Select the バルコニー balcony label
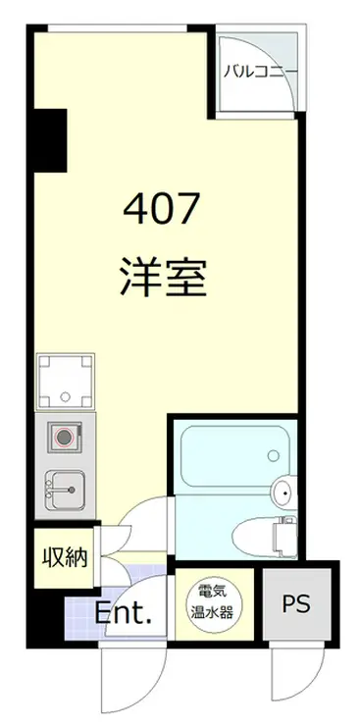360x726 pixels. (259, 71)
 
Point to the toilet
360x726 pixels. (257, 535)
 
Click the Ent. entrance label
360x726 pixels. (124, 614)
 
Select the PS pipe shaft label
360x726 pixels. (298, 603)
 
